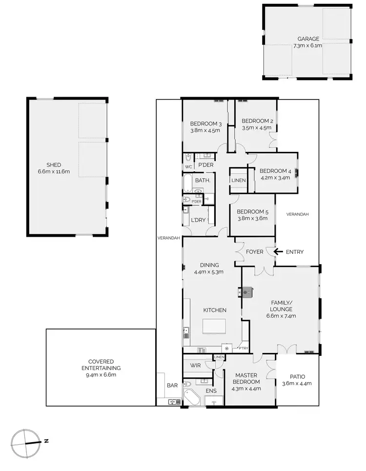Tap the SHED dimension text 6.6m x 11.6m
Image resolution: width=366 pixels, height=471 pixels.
(x=54, y=172)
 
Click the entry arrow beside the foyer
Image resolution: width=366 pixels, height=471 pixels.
(x=278, y=252)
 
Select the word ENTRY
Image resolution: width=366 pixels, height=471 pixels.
(x=295, y=252)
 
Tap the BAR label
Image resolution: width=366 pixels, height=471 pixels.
(x=172, y=386)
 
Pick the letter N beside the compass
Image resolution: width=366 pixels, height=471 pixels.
(x=46, y=441)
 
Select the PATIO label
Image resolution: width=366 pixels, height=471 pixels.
(x=297, y=376)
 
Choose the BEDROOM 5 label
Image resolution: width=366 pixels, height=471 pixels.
(x=252, y=212)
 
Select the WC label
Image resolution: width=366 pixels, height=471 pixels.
(x=188, y=166)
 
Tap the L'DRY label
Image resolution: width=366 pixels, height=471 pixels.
(x=198, y=220)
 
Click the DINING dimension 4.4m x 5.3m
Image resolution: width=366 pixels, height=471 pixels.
(x=208, y=272)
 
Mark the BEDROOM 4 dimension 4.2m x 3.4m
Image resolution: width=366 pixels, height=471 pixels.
(x=275, y=178)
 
